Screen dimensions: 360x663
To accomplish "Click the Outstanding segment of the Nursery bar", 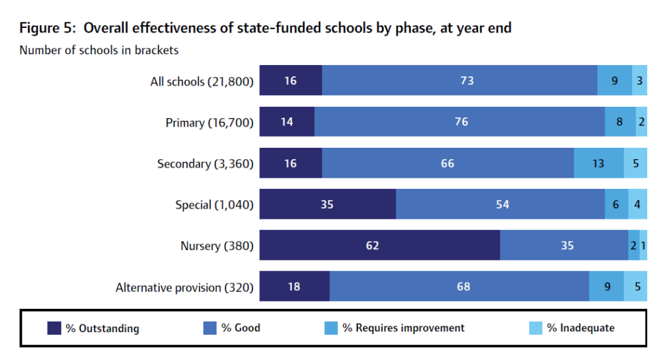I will pyautogui.click(x=379, y=246).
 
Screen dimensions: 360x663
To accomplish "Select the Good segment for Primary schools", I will pyautogui.click(x=459, y=122).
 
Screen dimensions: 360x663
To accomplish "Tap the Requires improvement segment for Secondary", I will pyautogui.click(x=599, y=163).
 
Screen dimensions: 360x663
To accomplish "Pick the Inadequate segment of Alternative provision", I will pyautogui.click(x=635, y=287).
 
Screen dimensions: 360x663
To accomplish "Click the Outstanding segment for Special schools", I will pyautogui.click(x=328, y=204).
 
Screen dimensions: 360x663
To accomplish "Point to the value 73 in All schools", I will pyautogui.click(x=467, y=81).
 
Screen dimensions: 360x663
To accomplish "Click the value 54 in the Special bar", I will pyautogui.click(x=503, y=205).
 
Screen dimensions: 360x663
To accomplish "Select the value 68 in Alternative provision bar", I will pyautogui.click(x=463, y=287).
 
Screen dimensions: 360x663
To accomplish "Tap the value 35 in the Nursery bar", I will pyautogui.click(x=567, y=246).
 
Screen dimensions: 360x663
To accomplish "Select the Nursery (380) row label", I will pyautogui.click(x=217, y=246).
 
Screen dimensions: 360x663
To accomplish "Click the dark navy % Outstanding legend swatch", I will pyautogui.click(x=54, y=328).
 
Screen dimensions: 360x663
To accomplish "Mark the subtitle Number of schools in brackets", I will pyautogui.click(x=99, y=50).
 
